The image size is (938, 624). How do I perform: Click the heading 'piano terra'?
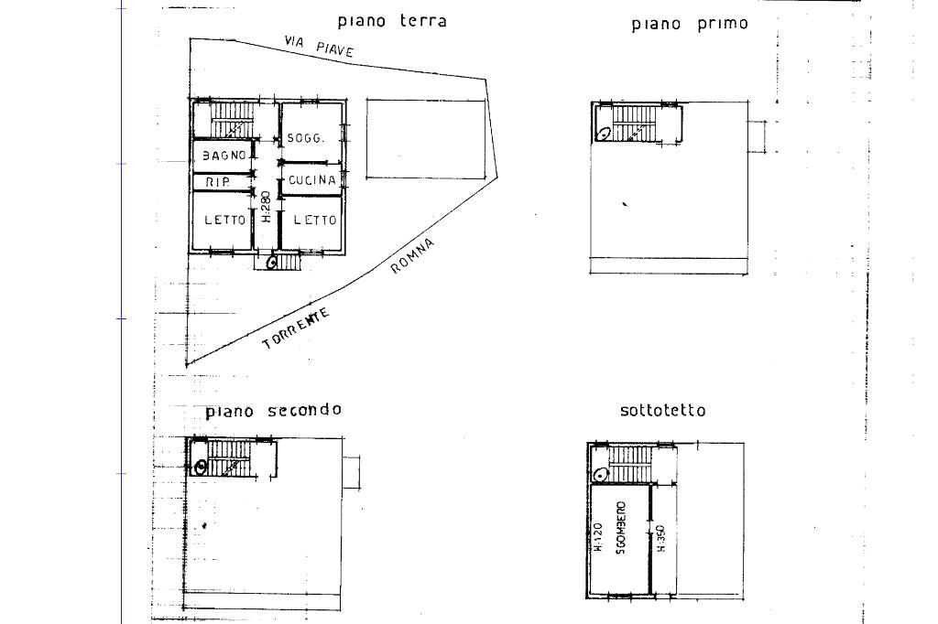click(392, 20)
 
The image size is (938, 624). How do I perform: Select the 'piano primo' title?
click(690, 24)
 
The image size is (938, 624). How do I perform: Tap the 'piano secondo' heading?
click(273, 410)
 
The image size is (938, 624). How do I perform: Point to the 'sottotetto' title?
click(663, 411)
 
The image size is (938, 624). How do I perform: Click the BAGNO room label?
click(224, 156)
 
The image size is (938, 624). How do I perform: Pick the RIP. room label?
click(217, 182)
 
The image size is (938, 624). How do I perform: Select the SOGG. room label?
click(305, 138)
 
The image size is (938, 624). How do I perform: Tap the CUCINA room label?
click(311, 180)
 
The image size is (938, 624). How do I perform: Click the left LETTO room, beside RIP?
click(224, 220)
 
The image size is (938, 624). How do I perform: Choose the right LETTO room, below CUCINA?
click(314, 220)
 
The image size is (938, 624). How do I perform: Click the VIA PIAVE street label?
click(319, 47)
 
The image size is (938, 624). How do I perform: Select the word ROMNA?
click(412, 255)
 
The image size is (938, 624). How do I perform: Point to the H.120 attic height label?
click(598, 537)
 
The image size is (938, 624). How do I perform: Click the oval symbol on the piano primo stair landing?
click(605, 133)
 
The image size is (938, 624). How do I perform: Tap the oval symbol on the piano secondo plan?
click(201, 467)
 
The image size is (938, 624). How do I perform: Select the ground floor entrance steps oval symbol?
click(272, 263)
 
